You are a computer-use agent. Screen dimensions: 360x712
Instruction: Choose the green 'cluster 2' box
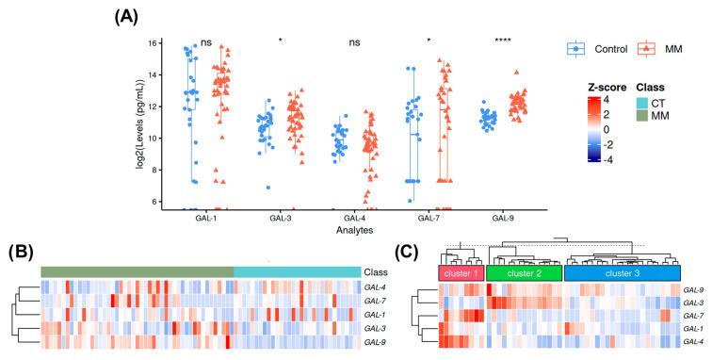[x=523, y=273]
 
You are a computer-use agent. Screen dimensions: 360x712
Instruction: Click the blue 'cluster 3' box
[x=622, y=273]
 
